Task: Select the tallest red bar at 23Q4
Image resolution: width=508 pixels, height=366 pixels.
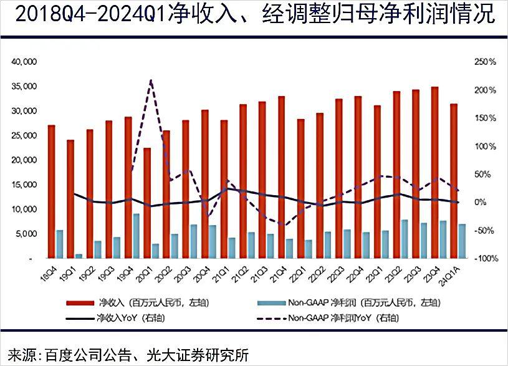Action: [x=434, y=172]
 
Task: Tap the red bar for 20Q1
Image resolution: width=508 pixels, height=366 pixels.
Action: [x=147, y=203]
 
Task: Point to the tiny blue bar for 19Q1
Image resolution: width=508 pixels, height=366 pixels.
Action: [x=79, y=256]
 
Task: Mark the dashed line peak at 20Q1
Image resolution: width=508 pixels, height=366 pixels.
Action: [x=150, y=81]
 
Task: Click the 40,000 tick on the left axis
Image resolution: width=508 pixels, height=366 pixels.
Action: [x=25, y=62]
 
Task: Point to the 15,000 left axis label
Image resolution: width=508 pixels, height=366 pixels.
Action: [x=25, y=185]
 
